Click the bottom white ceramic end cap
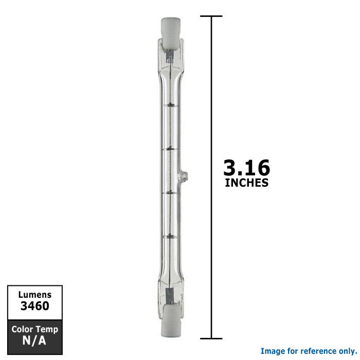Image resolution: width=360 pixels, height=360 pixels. (x=171, y=322)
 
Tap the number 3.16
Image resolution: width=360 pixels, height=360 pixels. (x=246, y=168)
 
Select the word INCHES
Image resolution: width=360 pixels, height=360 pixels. (x=246, y=183)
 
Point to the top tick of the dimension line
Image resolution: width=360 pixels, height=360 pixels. (x=211, y=16)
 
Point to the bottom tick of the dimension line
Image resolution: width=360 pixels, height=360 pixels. (x=211, y=338)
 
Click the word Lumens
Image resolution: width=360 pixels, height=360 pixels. (x=35, y=295)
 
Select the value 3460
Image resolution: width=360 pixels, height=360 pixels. (x=35, y=306)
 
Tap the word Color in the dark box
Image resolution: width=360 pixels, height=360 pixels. (x=22, y=329)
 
